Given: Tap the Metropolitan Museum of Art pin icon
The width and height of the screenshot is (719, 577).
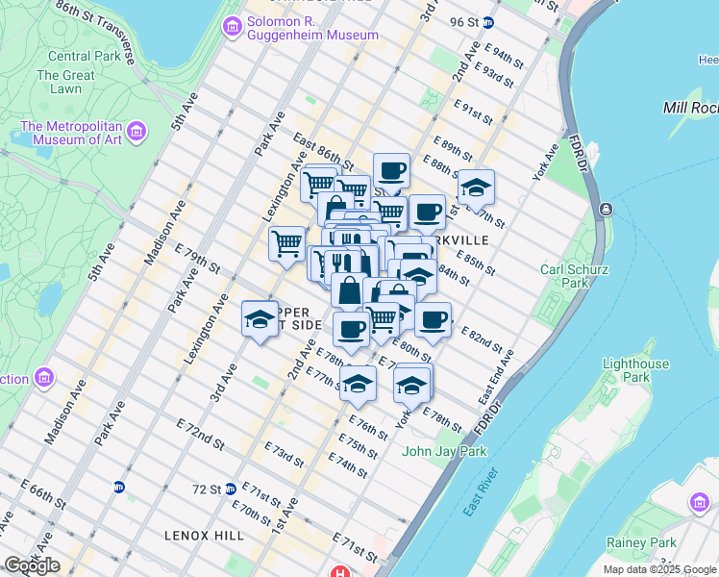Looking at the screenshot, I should click(x=136, y=131).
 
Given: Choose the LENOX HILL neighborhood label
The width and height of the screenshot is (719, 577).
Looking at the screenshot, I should click(x=204, y=535).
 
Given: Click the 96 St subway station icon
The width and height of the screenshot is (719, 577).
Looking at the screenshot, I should click(x=488, y=22).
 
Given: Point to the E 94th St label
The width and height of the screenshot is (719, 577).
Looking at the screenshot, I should click(x=506, y=55).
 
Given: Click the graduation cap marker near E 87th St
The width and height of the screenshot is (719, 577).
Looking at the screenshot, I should click(x=475, y=188).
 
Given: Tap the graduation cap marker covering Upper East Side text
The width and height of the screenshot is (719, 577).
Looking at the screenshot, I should click(x=258, y=321).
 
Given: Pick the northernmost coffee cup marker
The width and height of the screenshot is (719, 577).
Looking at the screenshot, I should click(x=391, y=172).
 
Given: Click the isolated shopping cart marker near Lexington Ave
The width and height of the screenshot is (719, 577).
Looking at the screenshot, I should click(x=286, y=243).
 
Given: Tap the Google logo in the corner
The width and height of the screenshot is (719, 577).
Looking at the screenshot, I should click(x=32, y=565).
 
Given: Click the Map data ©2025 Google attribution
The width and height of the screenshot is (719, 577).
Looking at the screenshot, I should click(x=658, y=569).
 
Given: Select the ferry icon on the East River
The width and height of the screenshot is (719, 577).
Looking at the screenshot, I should click(x=606, y=209).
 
